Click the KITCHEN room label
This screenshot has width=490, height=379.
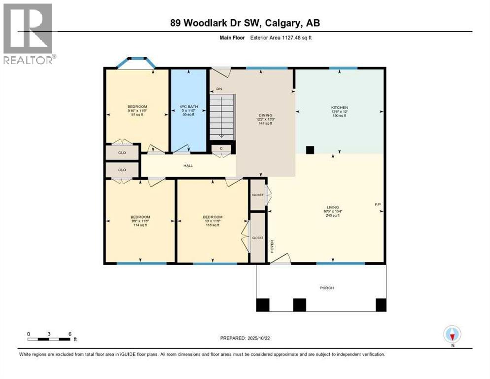pyautogui.click(x=339, y=108)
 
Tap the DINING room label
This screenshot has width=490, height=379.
pyautogui.click(x=266, y=115)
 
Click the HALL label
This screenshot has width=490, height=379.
pyautogui.click(x=188, y=166)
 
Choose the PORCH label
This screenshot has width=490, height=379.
pyautogui.click(x=320, y=288)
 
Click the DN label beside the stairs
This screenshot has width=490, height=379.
pyautogui.click(x=218, y=89)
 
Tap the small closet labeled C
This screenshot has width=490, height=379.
pyautogui.click(x=221, y=148)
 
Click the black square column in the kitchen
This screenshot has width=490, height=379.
pyautogui.click(x=310, y=150)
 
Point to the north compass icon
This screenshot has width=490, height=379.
pyautogui.click(x=452, y=335)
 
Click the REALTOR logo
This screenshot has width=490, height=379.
pyautogui.click(x=29, y=34)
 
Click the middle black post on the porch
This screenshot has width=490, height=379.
pyautogui.click(x=299, y=305)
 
